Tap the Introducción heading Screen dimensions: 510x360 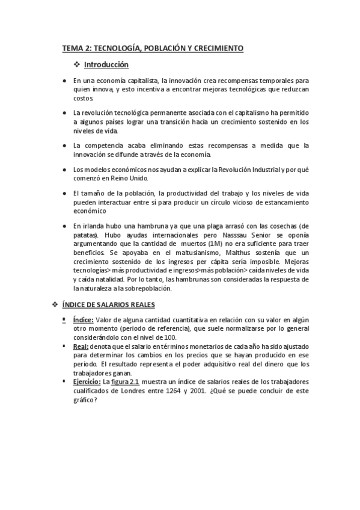[106, 64]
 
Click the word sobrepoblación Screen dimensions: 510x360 [144, 289]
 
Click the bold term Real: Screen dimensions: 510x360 [82, 347]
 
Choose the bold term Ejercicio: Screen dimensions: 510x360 [87, 381]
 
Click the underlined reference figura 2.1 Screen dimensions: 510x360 [126, 381]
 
